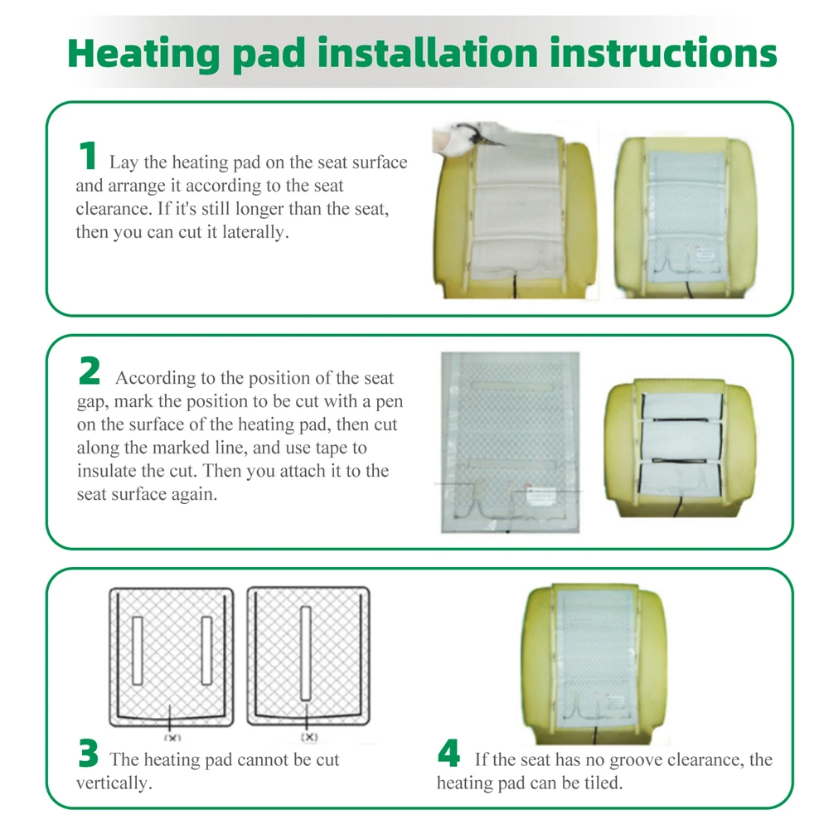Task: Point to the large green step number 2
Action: [89, 371]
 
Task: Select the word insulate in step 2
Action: [105, 471]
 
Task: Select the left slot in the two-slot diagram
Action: [138, 650]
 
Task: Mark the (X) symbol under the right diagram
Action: [308, 737]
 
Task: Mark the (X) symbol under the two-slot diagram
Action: [171, 737]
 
